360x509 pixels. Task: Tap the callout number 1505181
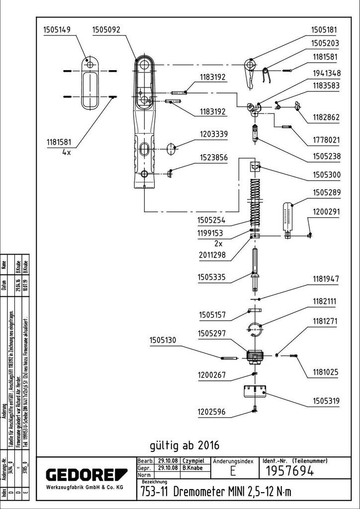325,30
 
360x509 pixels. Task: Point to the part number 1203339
214,134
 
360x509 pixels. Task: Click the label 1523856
214,158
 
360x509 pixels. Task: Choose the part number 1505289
326,192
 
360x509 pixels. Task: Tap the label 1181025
326,371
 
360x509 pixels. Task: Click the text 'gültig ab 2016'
184,443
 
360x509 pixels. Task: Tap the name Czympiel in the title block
194,461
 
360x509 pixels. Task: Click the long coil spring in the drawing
255,199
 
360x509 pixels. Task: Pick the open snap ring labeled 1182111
255,328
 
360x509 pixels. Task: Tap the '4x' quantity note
67,153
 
